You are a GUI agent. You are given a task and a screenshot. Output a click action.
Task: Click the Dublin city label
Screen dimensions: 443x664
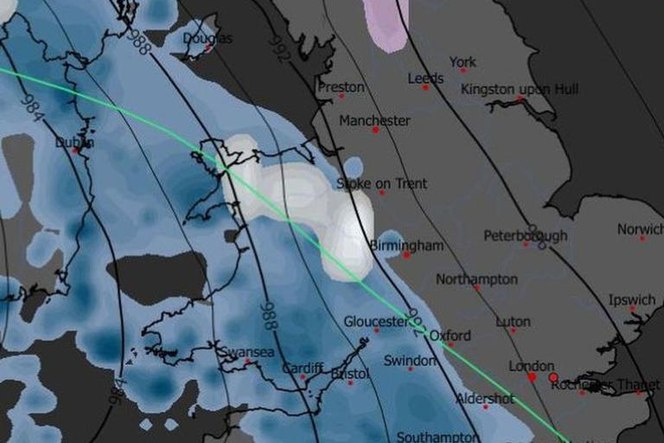74,143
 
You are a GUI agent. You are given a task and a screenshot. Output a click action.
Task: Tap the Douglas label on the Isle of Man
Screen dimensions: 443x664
207,39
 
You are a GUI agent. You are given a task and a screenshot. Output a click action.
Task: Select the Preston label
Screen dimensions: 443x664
341,87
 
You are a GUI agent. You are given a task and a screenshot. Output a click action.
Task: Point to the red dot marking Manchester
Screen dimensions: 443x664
375,130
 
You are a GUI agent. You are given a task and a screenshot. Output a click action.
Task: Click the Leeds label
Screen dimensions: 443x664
425,79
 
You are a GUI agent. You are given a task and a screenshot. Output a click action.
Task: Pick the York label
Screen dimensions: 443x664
463,62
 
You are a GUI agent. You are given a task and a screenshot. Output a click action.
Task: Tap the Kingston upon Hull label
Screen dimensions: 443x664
520,90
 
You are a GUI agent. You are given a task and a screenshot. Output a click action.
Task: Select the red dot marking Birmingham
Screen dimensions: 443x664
406,254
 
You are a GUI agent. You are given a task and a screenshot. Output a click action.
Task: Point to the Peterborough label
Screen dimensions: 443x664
525,235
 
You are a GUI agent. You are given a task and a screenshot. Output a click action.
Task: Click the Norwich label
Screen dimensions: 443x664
640,229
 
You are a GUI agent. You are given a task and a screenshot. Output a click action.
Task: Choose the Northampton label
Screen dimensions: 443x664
476,279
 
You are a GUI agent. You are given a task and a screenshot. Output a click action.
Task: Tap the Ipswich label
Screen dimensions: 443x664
631,300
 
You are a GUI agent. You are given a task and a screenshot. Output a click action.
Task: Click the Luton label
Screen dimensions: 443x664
513,322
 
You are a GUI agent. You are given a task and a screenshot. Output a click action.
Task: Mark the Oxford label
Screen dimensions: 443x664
450,335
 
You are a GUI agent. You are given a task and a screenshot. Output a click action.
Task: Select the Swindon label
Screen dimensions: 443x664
410,360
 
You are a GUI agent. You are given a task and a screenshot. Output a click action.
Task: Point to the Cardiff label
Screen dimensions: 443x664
303,368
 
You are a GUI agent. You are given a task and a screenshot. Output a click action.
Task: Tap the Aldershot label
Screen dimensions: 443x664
485,399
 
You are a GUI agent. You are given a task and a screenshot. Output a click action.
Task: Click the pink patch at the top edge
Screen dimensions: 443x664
386,22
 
